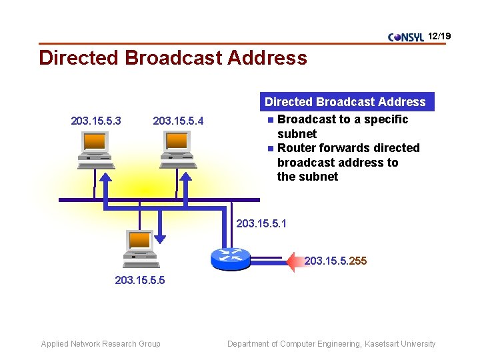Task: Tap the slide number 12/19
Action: [439, 35]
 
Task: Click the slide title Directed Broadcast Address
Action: [173, 58]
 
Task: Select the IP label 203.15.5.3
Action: [96, 121]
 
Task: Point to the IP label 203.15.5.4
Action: [178, 121]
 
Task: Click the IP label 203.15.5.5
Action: [140, 281]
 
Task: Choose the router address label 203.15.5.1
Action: [261, 223]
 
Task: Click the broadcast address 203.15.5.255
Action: [335, 261]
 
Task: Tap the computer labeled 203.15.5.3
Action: [95, 149]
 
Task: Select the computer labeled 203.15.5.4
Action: [177, 149]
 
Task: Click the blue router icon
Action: [230, 257]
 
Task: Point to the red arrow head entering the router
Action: [294, 261]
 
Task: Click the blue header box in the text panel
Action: [345, 102]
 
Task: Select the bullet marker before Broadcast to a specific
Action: [270, 120]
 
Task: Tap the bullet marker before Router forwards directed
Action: [270, 149]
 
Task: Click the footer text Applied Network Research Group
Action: [101, 344]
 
